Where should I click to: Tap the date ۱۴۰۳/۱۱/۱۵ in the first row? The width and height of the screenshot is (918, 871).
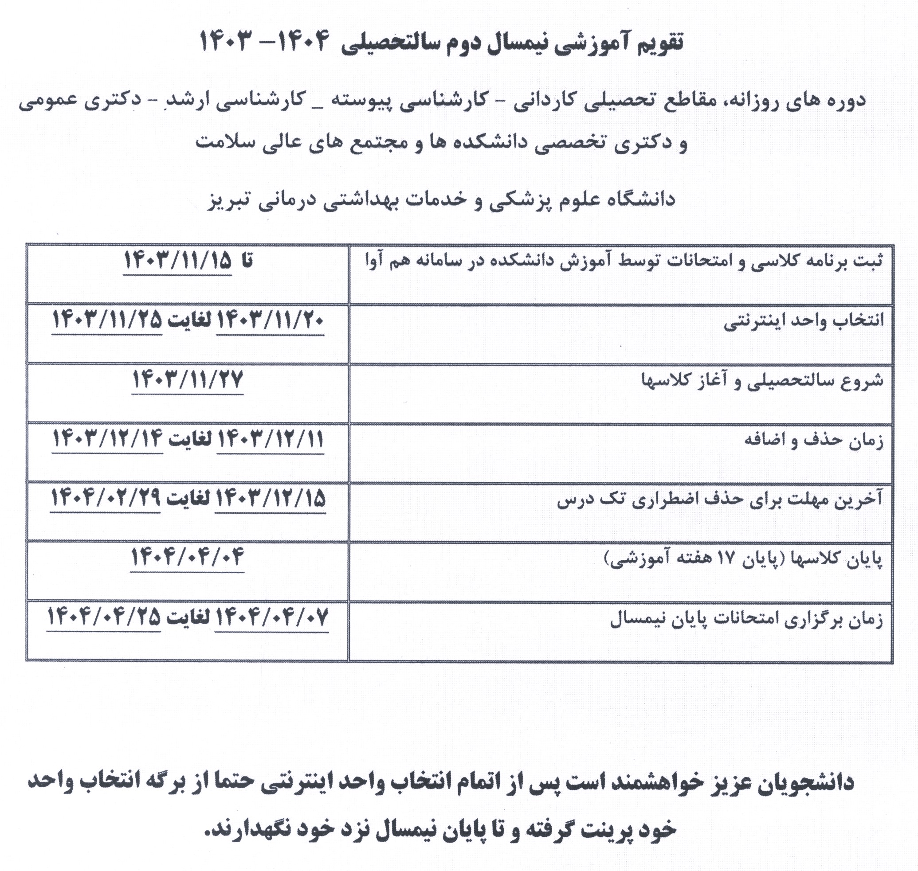point(177,262)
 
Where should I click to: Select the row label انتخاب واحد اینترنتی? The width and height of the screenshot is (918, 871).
point(803,321)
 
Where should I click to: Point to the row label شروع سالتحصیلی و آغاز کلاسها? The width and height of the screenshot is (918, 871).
point(762,381)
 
